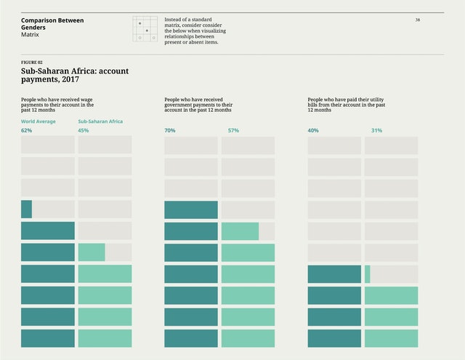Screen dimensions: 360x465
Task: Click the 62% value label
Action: tap(26, 131)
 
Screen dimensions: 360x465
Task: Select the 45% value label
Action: tap(83, 131)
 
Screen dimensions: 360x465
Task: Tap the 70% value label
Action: tap(170, 131)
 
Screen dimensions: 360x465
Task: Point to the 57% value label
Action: tap(233, 131)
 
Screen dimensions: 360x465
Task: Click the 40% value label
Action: tap(313, 131)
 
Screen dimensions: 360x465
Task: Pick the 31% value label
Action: tap(376, 131)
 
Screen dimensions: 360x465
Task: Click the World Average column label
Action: tap(38, 121)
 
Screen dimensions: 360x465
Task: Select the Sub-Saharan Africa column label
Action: tap(100, 121)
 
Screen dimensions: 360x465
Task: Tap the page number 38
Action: tap(418, 20)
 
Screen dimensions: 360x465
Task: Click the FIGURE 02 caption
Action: tap(31, 63)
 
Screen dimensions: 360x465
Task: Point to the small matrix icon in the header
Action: tap(145, 29)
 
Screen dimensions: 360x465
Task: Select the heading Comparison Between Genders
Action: tap(52, 24)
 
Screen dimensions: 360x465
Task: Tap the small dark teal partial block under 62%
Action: tap(26, 209)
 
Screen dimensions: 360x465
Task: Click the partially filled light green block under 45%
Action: tap(92, 252)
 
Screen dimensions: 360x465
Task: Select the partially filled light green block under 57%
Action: tap(240, 231)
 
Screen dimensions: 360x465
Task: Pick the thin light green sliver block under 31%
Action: tap(367, 274)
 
